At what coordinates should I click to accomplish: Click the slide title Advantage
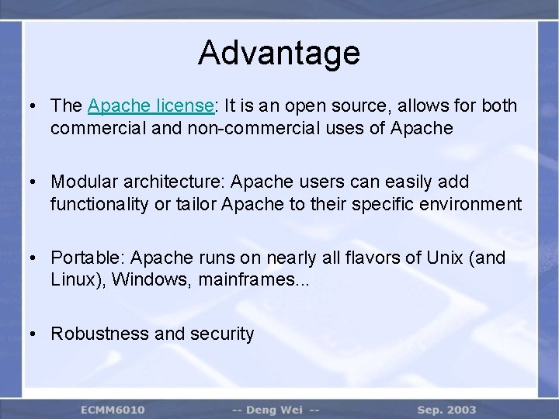click(x=279, y=53)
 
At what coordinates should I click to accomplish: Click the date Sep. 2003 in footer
click(x=446, y=409)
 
